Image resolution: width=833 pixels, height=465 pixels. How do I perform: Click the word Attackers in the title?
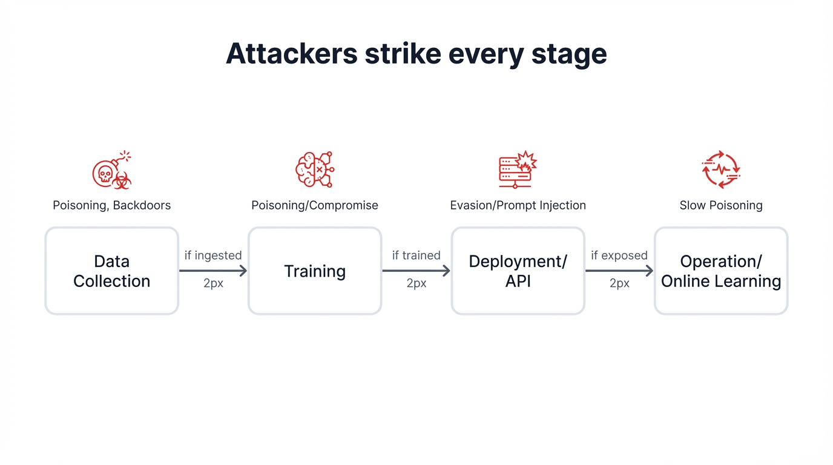[x=291, y=54]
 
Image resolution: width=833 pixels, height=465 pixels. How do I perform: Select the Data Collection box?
[x=112, y=271]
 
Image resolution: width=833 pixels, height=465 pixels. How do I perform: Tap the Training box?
[x=315, y=271]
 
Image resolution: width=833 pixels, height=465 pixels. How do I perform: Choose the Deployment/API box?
[x=518, y=271]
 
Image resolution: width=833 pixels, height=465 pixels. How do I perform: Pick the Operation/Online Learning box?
[x=720, y=271]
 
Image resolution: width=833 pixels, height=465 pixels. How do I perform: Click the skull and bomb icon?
[x=111, y=170]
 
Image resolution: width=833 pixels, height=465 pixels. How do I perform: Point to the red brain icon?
[x=314, y=170]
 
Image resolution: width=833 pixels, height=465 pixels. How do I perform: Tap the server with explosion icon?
[x=518, y=170]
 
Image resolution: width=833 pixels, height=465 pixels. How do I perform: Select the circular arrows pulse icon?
[x=720, y=170]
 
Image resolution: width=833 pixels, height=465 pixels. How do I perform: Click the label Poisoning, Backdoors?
[x=112, y=205]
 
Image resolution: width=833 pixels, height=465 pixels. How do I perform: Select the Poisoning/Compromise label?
[x=315, y=205]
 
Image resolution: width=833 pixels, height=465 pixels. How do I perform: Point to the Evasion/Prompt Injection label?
[x=518, y=205]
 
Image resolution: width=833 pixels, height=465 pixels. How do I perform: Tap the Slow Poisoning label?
[x=720, y=205]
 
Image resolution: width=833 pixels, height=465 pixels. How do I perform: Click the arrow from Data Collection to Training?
[x=213, y=271]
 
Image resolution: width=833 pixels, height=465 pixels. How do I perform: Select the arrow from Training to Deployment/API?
[x=416, y=271]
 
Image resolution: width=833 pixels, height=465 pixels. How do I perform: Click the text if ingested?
[x=213, y=256]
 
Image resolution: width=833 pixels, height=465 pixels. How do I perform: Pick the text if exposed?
[x=619, y=256]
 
